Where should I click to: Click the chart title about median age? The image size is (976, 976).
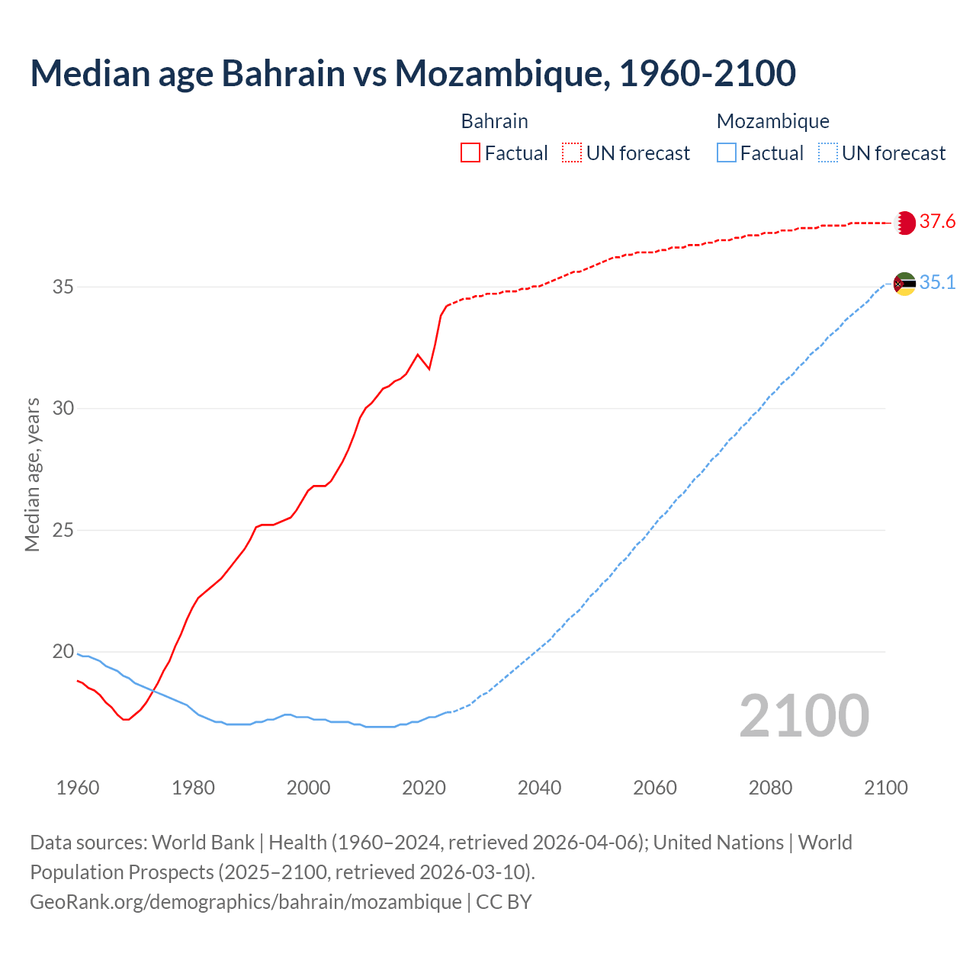click(x=413, y=73)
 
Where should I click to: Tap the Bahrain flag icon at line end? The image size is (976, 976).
click(x=904, y=223)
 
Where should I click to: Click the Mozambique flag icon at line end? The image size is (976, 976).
click(x=904, y=284)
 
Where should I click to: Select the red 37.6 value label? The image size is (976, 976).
click(x=937, y=222)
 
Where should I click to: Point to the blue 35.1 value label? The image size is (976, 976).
click(x=937, y=283)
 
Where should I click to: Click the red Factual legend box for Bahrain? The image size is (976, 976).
click(x=470, y=153)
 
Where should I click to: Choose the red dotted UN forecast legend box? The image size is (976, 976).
click(x=572, y=153)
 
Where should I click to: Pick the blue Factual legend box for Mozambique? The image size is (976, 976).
click(x=727, y=153)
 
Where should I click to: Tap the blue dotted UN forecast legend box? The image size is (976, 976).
click(x=828, y=153)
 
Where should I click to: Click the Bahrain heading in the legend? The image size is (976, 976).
click(x=494, y=121)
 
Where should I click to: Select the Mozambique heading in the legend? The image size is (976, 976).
click(x=772, y=121)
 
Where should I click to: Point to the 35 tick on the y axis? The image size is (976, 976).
click(x=63, y=287)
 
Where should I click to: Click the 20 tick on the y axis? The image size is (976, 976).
click(x=63, y=652)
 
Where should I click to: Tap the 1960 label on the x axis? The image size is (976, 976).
click(x=78, y=788)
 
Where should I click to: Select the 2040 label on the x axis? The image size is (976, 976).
click(x=539, y=788)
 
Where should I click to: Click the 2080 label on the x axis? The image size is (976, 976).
click(x=770, y=788)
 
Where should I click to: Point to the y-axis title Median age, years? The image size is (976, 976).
click(x=32, y=474)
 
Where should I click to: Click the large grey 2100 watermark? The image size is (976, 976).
click(x=804, y=716)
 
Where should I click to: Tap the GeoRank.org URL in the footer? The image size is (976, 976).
click(x=246, y=902)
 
